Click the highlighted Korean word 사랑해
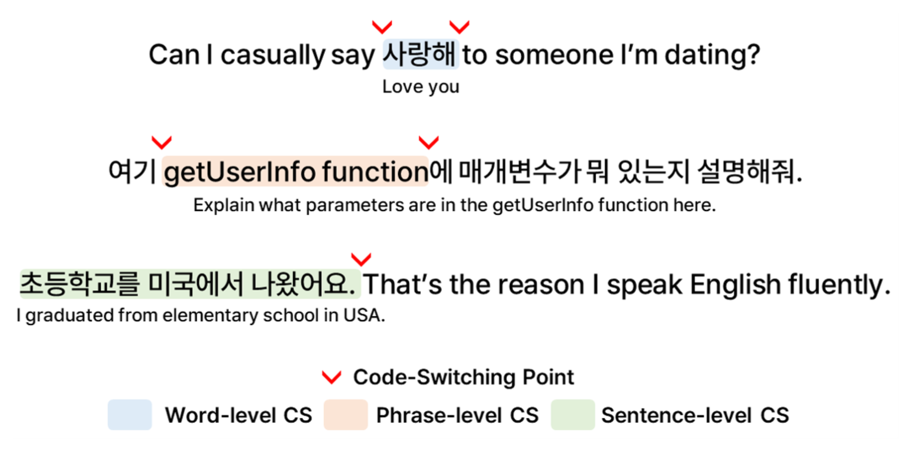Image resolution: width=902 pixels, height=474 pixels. [420, 54]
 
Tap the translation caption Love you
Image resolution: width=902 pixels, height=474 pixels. [421, 87]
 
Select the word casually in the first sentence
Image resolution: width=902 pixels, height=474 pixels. [273, 55]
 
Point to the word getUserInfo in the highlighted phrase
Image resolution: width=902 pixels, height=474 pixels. [240, 172]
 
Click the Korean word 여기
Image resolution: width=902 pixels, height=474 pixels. [132, 171]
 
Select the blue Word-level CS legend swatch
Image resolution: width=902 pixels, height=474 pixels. [130, 415]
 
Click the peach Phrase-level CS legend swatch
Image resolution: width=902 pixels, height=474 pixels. [346, 415]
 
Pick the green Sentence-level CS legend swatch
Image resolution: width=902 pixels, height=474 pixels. [573, 415]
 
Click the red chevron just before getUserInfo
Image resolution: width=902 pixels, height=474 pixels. [161, 143]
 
